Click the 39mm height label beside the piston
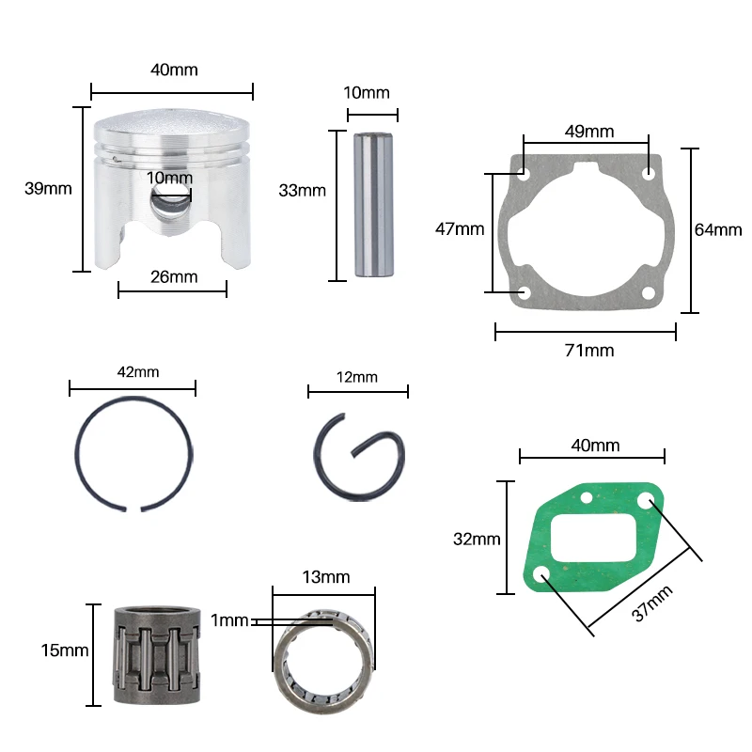click(48, 188)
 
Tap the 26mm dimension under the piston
click(174, 276)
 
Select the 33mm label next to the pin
click(302, 190)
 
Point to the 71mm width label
click(588, 350)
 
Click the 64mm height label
click(718, 229)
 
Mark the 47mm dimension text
click(460, 228)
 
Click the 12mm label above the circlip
click(356, 377)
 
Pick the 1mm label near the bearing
click(230, 620)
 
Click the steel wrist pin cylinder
click(373, 204)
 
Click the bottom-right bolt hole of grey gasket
click(648, 293)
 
